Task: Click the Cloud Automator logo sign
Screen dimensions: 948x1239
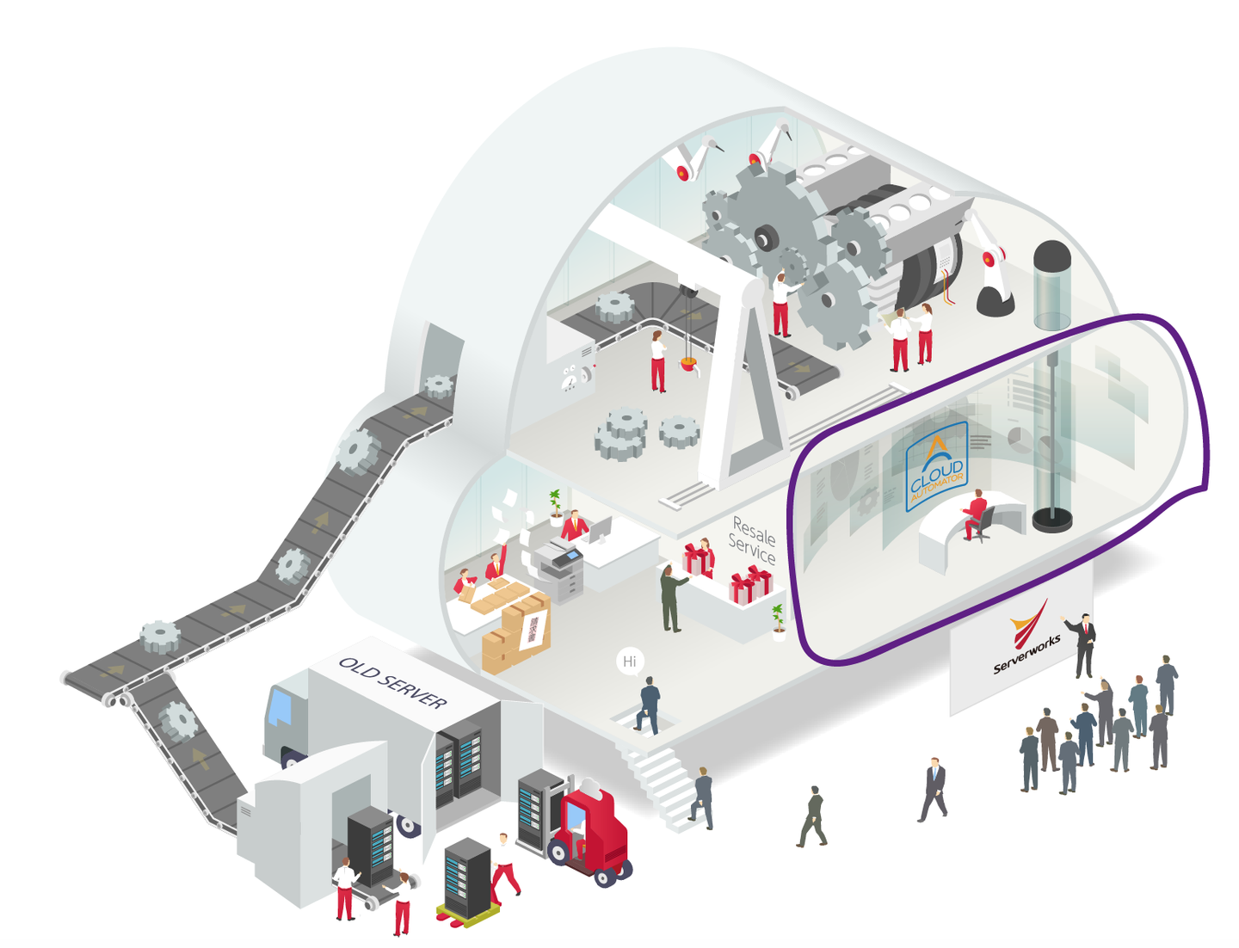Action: (x=936, y=468)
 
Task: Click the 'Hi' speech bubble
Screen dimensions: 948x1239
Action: (x=630, y=662)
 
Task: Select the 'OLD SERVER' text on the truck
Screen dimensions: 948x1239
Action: (x=393, y=683)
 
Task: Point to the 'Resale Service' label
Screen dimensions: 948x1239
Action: (x=752, y=540)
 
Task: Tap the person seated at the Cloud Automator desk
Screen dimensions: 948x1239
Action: (x=975, y=514)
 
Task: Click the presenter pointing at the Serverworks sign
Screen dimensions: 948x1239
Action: (x=1084, y=645)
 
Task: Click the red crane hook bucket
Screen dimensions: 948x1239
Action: (x=688, y=365)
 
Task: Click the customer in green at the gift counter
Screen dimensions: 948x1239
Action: (x=670, y=599)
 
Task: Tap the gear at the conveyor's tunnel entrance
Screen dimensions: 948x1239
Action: (x=439, y=385)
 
